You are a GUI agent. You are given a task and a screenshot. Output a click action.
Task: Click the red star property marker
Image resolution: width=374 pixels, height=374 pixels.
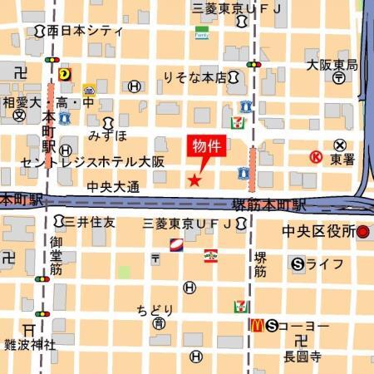(x=194, y=180)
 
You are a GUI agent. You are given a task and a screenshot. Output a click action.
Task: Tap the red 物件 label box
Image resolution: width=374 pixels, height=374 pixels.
(x=207, y=145)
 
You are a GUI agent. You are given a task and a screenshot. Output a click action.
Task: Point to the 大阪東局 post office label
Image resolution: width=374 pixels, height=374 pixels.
(x=332, y=64)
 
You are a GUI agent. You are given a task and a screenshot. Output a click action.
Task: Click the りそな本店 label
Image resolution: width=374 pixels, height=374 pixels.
(x=194, y=77)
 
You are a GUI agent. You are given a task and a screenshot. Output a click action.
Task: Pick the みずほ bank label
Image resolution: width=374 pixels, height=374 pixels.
(x=108, y=134)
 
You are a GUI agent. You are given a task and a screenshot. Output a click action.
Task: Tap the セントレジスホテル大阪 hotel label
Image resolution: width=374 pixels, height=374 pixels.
(x=93, y=161)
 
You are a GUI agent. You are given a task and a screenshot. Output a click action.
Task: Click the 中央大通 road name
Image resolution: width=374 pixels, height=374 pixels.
(x=112, y=187)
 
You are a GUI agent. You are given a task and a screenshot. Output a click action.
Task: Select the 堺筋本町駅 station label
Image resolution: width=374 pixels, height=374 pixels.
(x=268, y=204)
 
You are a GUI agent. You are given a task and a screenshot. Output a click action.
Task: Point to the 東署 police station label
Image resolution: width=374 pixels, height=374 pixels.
(x=342, y=157)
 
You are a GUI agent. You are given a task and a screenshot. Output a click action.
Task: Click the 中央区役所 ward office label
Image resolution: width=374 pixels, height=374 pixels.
(x=319, y=230)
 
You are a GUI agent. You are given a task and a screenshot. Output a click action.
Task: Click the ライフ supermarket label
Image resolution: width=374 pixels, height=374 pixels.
(x=325, y=264)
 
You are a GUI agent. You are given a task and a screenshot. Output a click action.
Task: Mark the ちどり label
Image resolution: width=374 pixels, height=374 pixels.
(x=155, y=309)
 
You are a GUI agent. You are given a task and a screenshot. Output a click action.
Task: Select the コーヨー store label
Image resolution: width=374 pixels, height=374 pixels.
(x=304, y=325)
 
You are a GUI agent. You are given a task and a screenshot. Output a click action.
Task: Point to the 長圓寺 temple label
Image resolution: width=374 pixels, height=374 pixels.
(x=301, y=357)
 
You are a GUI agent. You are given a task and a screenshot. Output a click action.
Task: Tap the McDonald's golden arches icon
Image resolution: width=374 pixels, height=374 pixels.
(x=257, y=324)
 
